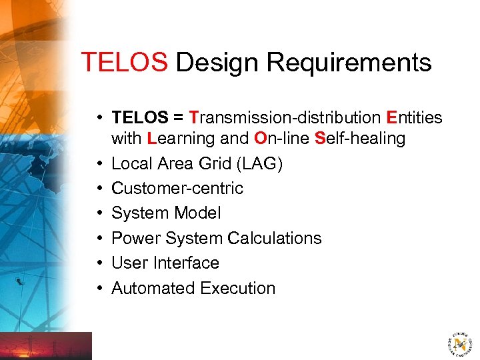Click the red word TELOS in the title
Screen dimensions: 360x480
click(x=124, y=63)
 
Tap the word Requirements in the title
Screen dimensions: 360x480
click(x=349, y=63)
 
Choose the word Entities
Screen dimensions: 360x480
click(x=414, y=118)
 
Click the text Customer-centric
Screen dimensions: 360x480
click(x=177, y=188)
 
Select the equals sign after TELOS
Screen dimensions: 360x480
click(x=178, y=118)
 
